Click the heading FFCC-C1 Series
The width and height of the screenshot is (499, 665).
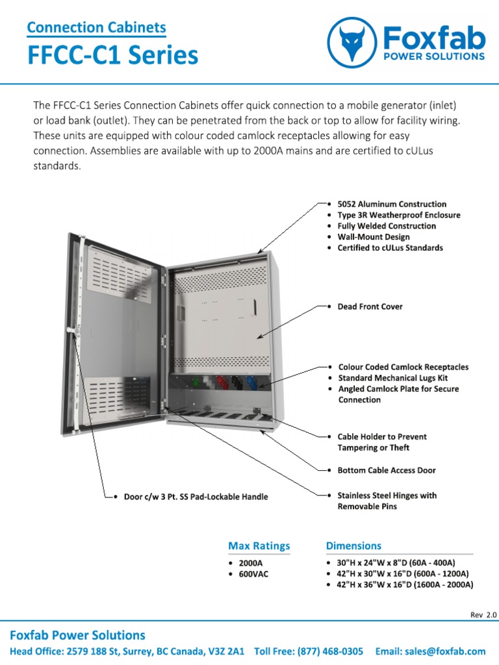tap(112, 56)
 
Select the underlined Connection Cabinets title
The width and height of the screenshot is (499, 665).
tap(96, 28)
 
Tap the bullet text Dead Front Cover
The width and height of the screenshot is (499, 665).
tap(370, 307)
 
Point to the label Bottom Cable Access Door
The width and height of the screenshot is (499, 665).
tap(387, 470)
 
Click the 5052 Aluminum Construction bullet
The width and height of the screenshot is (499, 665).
tap(392, 204)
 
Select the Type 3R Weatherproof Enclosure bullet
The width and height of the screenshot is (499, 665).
tap(398, 215)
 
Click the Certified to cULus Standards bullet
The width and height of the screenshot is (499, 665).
tap(390, 248)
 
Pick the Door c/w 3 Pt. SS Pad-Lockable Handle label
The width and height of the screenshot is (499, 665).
tap(196, 497)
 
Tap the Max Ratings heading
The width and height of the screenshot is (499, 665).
tap(259, 546)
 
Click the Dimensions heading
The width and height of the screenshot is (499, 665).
tap(353, 546)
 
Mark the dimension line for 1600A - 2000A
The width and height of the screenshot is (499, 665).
tap(405, 584)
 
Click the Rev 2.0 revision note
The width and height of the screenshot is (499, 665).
tap(483, 614)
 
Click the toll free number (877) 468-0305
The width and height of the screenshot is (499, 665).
tap(309, 651)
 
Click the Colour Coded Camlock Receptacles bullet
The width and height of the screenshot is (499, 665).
tap(403, 367)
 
